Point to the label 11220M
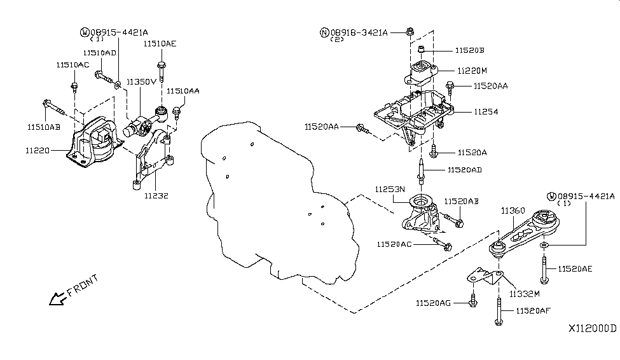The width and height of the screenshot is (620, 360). click(x=471, y=71)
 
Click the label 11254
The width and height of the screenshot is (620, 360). click(x=486, y=111)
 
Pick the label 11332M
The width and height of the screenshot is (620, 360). click(x=524, y=294)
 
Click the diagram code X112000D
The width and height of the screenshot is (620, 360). click(x=593, y=329)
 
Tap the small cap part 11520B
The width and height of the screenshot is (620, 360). click(x=421, y=50)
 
